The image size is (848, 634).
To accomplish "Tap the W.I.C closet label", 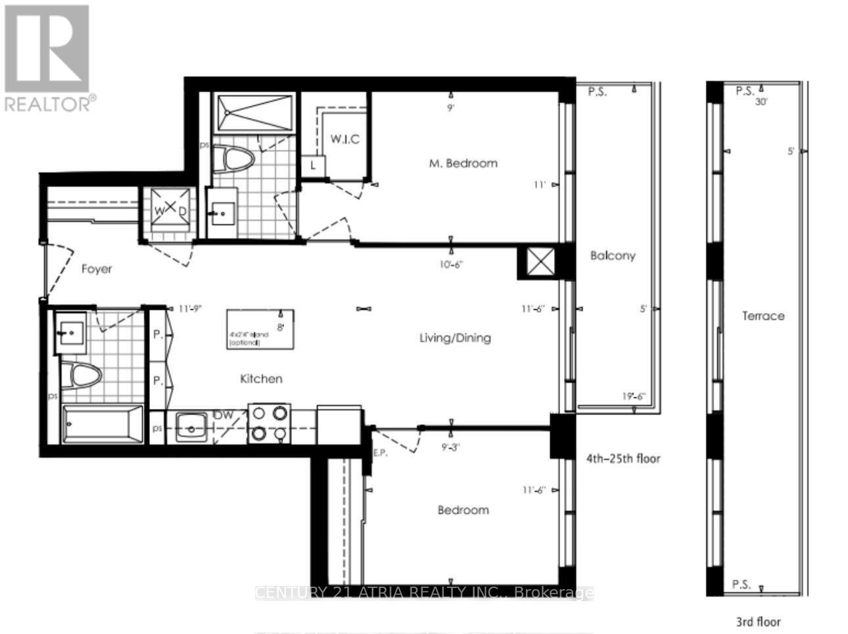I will pyautogui.click(x=344, y=139).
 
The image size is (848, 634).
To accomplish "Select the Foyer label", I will pyautogui.click(x=97, y=269).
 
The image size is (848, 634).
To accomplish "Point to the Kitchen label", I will pyautogui.click(x=261, y=379).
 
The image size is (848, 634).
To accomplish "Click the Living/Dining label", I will pyautogui.click(x=455, y=338).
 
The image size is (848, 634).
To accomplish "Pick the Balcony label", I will pyautogui.click(x=612, y=256).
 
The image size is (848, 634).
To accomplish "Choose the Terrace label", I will pyautogui.click(x=763, y=316).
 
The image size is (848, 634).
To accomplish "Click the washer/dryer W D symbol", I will pyautogui.click(x=169, y=209).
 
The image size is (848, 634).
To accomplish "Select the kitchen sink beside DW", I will pyautogui.click(x=190, y=427).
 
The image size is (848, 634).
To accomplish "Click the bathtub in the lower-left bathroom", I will pyautogui.click(x=103, y=425).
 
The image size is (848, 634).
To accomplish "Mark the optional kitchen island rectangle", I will pyautogui.click(x=260, y=329).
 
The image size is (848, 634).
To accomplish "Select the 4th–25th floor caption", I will pyautogui.click(x=623, y=458).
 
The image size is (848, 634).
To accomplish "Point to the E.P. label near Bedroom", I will pyautogui.click(x=379, y=452).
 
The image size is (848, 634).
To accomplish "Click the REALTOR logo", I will pyautogui.click(x=50, y=58).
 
